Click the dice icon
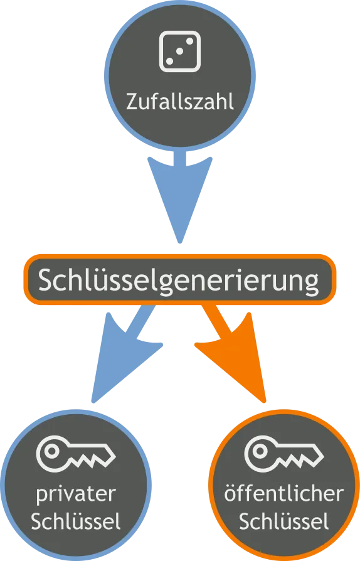[x=180, y=51]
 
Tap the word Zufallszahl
[x=180, y=102]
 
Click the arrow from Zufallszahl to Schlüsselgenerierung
[x=180, y=197]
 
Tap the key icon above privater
[x=76, y=453]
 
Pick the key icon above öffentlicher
[x=284, y=453]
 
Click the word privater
[x=76, y=495]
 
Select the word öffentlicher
[x=284, y=494]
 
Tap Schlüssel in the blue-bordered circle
[x=76, y=521]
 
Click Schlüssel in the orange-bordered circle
[x=284, y=521]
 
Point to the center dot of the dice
[x=180, y=51]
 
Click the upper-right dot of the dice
[x=190, y=41]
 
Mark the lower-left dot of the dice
[x=170, y=61]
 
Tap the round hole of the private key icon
[x=52, y=451]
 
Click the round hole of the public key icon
[x=260, y=451]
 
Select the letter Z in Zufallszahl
[x=132, y=102]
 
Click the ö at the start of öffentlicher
[x=231, y=494]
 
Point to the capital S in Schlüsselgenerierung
[x=46, y=279]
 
